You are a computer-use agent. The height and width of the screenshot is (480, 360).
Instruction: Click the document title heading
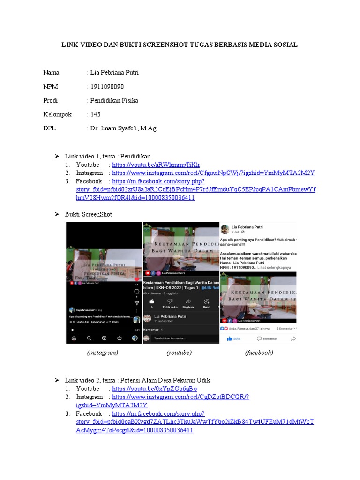click(x=180, y=45)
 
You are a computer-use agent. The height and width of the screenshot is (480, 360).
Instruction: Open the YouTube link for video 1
click(x=156, y=165)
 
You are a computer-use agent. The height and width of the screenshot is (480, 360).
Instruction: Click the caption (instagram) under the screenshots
click(x=103, y=352)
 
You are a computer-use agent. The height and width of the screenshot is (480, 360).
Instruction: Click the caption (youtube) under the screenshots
click(x=179, y=352)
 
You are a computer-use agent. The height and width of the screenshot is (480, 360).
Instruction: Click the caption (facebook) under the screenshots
click(x=259, y=352)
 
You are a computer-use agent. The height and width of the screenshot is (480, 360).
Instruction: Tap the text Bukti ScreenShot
click(x=89, y=214)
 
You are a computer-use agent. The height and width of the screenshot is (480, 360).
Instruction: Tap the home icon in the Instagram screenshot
click(x=74, y=338)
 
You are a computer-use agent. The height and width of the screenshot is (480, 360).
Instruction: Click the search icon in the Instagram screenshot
click(x=89, y=338)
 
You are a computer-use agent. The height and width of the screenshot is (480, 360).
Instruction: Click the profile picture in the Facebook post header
click(x=225, y=229)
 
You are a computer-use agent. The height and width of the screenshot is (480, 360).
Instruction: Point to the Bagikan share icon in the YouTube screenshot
click(x=188, y=301)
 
